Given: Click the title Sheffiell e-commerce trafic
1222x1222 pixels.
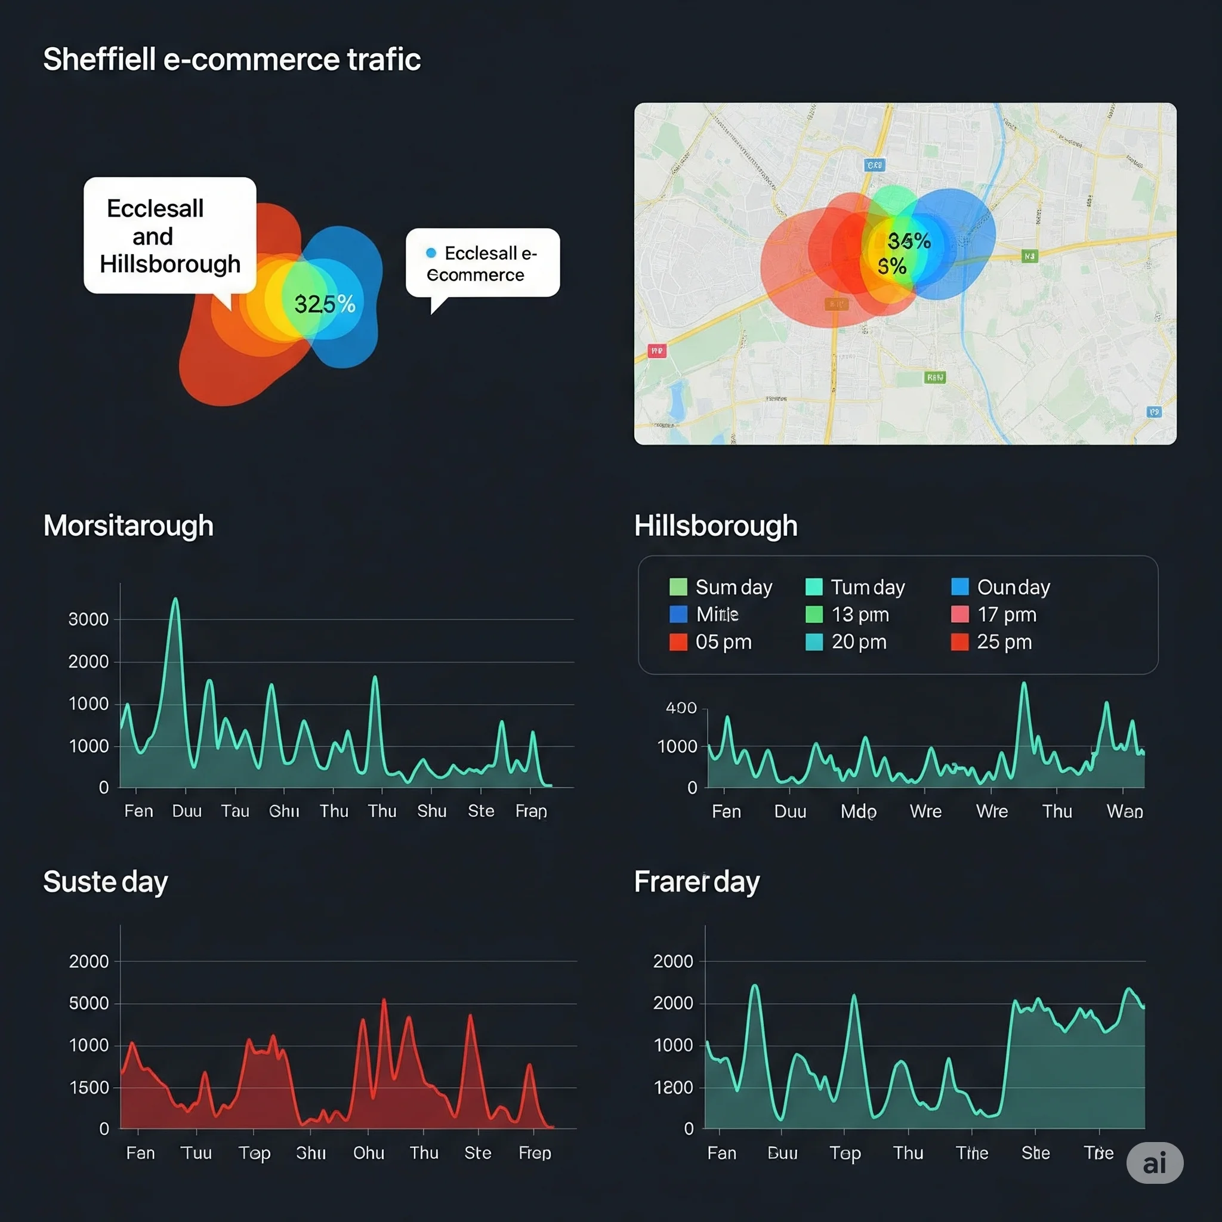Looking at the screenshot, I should point(232,60).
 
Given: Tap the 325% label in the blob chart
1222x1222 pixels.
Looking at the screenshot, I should point(325,304).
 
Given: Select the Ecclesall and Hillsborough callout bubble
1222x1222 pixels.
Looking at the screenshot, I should point(169,235).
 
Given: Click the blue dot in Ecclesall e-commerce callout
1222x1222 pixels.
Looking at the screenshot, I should point(431,253).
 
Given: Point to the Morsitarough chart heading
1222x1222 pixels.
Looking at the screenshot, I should point(128,526).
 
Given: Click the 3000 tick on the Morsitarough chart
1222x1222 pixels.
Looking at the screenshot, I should point(88,619).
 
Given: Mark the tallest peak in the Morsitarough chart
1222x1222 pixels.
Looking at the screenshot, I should point(175,599).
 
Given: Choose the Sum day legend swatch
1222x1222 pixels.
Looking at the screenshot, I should point(678,587).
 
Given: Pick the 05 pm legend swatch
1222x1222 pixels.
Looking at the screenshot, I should point(678,642).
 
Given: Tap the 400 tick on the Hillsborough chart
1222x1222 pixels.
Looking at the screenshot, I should point(681,708).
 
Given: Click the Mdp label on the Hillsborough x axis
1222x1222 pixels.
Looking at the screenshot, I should point(858,811).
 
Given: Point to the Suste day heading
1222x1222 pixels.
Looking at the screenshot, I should point(106,882).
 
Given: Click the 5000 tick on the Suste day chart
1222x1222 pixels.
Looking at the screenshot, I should point(88,1003).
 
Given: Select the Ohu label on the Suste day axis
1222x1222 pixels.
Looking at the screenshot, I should point(369,1153).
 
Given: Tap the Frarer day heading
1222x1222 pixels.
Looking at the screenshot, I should point(696,882).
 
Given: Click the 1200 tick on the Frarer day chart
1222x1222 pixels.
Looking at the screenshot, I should point(673,1087).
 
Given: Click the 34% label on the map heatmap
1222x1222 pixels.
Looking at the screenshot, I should point(909,241).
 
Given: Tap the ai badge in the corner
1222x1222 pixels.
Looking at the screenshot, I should point(1155,1162).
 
